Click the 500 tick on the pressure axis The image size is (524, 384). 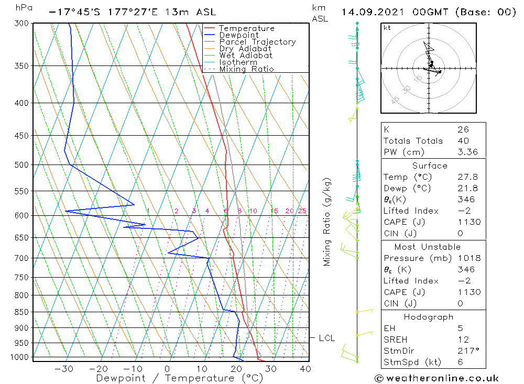point(21,164)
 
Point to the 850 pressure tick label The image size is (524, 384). point(21,312)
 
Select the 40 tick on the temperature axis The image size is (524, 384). point(305,369)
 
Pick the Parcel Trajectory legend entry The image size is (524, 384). point(257,42)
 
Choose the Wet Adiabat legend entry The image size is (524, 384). point(246,56)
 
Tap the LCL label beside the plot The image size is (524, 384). point(326,338)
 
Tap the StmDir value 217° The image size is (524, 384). point(466,351)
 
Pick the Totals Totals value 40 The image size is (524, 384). point(463,140)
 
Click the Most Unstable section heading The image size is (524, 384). point(428,247)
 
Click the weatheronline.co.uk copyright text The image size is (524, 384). point(436,378)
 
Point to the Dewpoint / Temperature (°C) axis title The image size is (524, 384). point(179,378)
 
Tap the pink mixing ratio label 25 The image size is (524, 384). point(302,211)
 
